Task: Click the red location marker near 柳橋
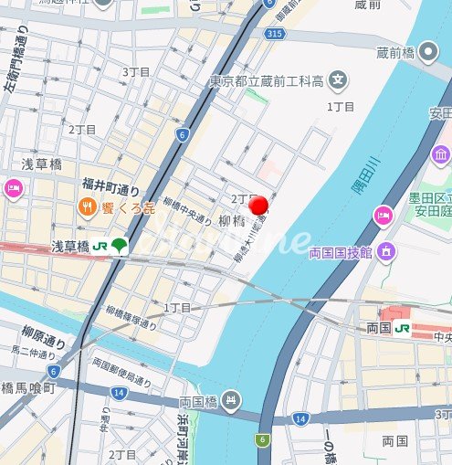[x=259, y=206]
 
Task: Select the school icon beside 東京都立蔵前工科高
[x=339, y=79]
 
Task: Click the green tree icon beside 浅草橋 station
[x=121, y=247]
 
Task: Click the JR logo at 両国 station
[x=402, y=328]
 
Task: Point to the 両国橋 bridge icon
[x=232, y=399]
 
